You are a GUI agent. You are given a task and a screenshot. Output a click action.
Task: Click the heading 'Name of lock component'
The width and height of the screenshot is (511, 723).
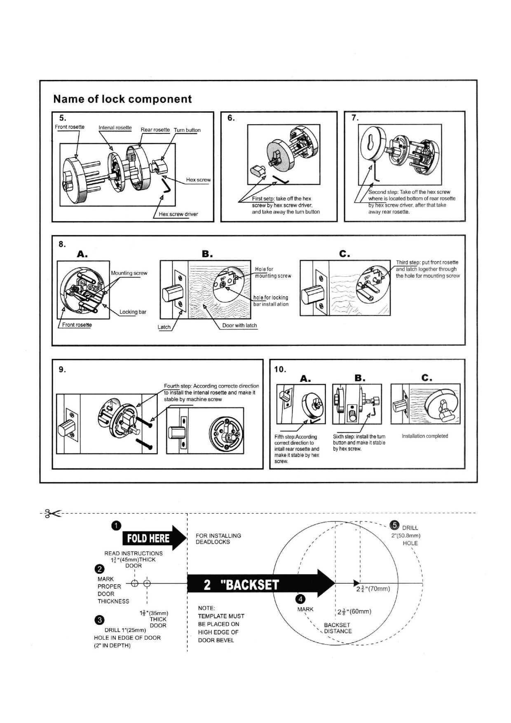[122, 99]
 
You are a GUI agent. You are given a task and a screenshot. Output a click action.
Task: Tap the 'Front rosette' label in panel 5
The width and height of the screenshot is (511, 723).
[70, 127]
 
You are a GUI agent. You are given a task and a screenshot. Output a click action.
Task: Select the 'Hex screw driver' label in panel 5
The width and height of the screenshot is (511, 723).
[178, 214]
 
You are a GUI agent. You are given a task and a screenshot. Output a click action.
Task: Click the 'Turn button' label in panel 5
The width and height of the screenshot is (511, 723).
[187, 130]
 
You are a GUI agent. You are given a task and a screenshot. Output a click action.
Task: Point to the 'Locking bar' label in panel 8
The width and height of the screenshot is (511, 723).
[133, 312]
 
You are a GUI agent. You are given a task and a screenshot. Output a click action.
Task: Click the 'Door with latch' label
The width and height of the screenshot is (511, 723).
[239, 325]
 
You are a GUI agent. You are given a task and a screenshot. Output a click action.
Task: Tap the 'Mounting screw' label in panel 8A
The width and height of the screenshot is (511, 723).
[129, 273]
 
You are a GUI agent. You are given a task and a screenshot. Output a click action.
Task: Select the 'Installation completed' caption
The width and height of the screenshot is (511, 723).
[425, 436]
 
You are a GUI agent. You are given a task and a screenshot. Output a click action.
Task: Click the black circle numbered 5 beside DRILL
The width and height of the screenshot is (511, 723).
[395, 525]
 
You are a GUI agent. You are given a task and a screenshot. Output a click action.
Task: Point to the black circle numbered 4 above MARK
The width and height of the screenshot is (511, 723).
[301, 599]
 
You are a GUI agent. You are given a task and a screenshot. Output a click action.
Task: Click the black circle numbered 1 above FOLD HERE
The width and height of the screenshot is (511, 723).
[117, 525]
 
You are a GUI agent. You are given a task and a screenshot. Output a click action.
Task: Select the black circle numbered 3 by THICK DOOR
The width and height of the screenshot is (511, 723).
[99, 620]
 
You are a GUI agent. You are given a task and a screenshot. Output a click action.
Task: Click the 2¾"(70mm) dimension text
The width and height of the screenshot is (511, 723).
[373, 589]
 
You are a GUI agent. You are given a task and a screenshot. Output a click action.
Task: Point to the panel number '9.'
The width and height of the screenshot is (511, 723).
[62, 370]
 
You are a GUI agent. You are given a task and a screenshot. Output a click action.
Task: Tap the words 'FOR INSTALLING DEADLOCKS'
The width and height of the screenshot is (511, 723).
[218, 539]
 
